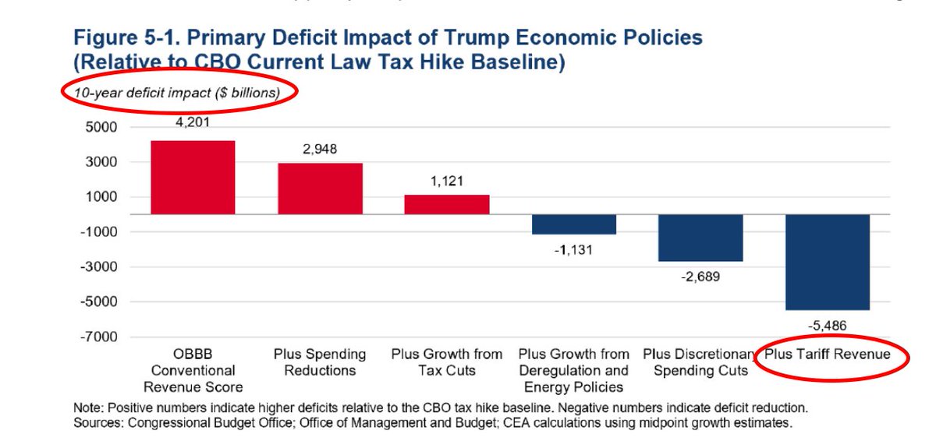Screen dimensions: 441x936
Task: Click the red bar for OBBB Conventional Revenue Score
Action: click(193, 177)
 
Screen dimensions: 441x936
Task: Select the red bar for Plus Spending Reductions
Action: click(320, 188)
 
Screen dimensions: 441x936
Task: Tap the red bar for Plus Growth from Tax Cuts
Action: click(446, 204)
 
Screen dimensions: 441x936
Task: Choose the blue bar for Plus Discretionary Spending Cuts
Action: click(700, 238)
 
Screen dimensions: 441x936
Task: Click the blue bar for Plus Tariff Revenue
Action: click(827, 262)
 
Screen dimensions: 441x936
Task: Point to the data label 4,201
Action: click(193, 122)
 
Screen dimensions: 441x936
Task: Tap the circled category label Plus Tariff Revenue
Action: click(827, 355)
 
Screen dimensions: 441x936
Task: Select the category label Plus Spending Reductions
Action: click(320, 362)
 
